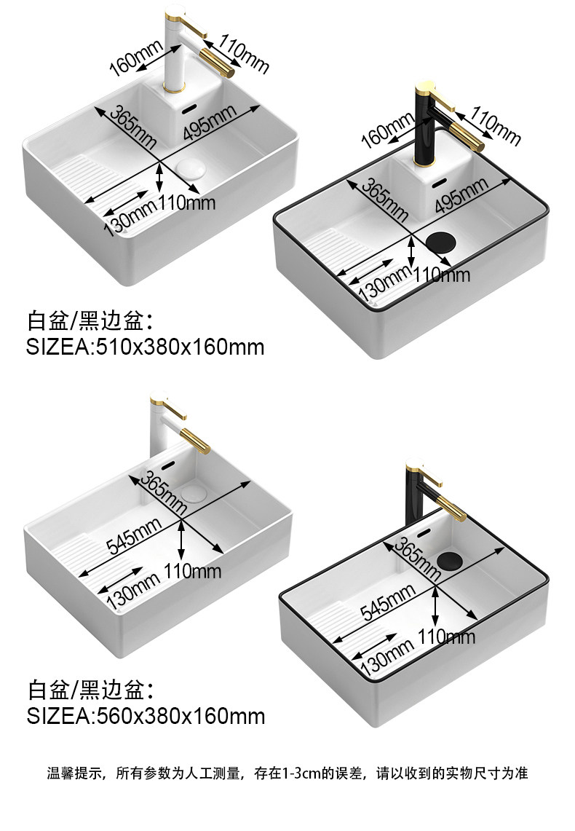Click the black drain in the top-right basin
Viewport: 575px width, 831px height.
(x=440, y=241)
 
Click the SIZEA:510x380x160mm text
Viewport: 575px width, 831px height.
(x=146, y=346)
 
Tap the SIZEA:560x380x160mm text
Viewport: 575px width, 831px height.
(x=146, y=716)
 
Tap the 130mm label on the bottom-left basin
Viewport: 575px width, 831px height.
(x=133, y=589)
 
